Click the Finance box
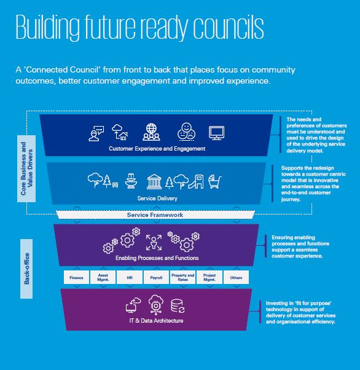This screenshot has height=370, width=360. point(76,277)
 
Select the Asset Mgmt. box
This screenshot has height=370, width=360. point(103,277)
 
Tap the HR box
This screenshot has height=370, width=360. point(130,277)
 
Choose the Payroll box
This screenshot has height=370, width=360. point(156,277)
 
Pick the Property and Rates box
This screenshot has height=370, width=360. point(183,277)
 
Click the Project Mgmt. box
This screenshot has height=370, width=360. point(209,277)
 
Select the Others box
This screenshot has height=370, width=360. point(236,277)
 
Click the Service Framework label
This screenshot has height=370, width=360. point(155,215)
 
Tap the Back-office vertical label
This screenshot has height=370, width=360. point(26,269)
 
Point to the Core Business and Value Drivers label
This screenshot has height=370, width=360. point(26,169)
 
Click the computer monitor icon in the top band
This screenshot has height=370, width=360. point(217,133)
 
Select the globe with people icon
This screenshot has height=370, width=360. point(151,132)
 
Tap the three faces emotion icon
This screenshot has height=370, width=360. point(186,132)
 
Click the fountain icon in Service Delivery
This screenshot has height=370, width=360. point(131,181)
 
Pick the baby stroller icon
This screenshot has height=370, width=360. point(215,181)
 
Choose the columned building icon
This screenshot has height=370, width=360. point(154,182)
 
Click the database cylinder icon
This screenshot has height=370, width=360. point(178,306)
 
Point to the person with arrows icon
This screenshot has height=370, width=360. point(154,242)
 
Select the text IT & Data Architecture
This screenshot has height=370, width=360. point(156,321)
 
